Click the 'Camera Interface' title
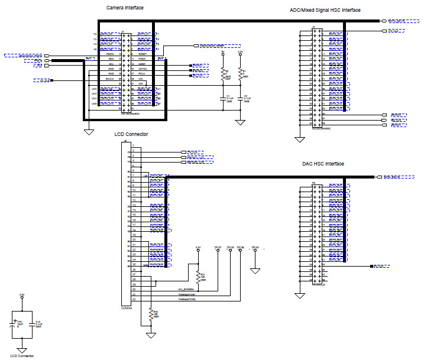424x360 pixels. coord(125,8)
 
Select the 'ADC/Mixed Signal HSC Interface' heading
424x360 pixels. coord(325,10)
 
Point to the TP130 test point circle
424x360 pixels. coord(255,250)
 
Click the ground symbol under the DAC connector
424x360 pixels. coord(302,294)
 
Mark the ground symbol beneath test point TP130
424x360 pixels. coord(255,270)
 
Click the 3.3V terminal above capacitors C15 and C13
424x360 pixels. coord(22,295)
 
